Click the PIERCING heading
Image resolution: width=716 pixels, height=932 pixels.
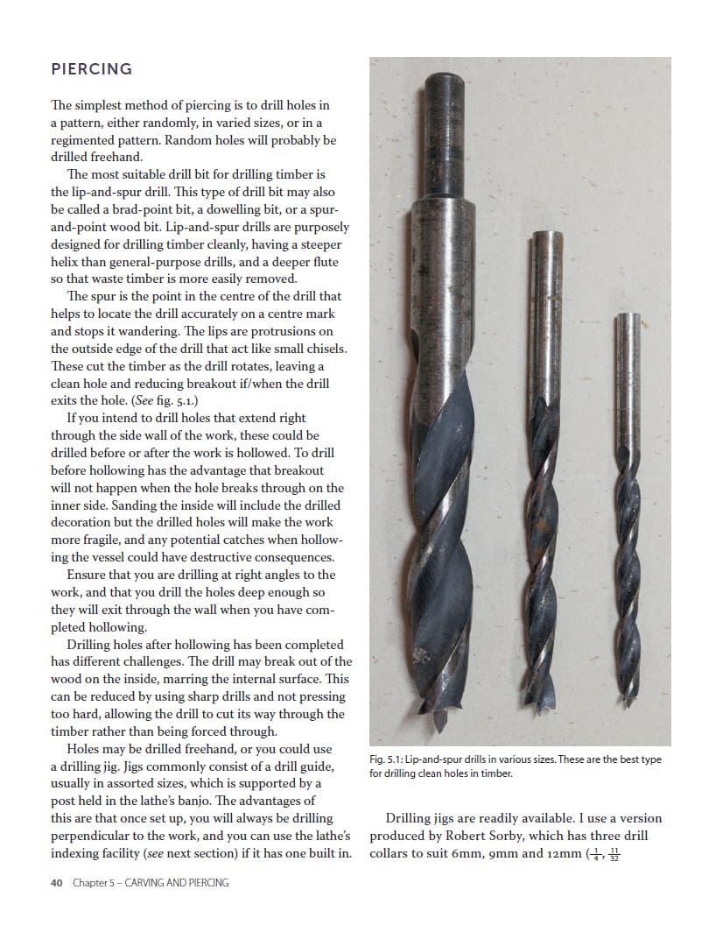[x=91, y=68]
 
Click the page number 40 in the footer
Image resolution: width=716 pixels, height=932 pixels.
[x=56, y=883]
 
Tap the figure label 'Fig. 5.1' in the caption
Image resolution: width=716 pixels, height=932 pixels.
[x=386, y=759]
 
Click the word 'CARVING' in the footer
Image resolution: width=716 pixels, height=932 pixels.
[x=144, y=883]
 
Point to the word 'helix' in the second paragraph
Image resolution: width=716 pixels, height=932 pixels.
[x=67, y=262]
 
